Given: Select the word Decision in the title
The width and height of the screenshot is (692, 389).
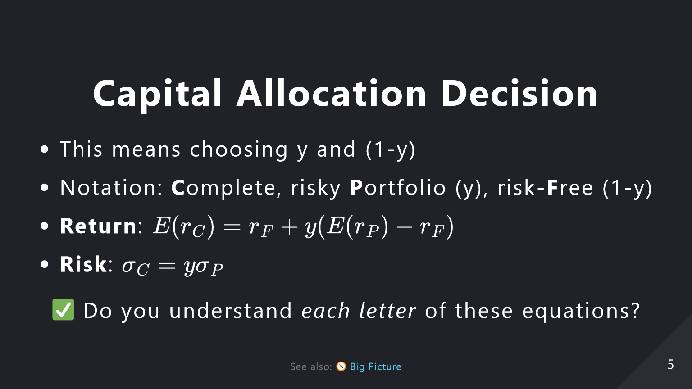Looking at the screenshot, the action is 519,93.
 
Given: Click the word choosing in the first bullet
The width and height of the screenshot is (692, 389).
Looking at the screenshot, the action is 239,150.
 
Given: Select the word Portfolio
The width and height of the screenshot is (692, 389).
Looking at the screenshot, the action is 398,187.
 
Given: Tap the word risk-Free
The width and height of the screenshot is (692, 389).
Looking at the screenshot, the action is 545,187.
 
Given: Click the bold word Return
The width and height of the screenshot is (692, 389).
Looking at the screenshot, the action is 98,226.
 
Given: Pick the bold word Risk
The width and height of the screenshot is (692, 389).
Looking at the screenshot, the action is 83,264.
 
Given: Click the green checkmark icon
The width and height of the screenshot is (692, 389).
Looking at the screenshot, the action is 64,309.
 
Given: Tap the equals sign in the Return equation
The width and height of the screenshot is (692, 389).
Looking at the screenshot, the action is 232,227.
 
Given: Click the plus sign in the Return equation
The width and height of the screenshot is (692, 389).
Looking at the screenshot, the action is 289,227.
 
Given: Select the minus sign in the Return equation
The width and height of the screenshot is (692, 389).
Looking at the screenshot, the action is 404,227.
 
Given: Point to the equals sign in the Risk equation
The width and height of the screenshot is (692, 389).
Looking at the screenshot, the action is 167,266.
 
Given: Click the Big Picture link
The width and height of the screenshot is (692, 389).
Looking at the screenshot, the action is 376,366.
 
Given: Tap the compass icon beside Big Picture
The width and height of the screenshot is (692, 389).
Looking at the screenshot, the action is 341,366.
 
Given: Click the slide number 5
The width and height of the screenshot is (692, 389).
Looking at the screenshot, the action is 671,365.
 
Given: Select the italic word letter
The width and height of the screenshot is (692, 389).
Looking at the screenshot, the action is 387,311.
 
